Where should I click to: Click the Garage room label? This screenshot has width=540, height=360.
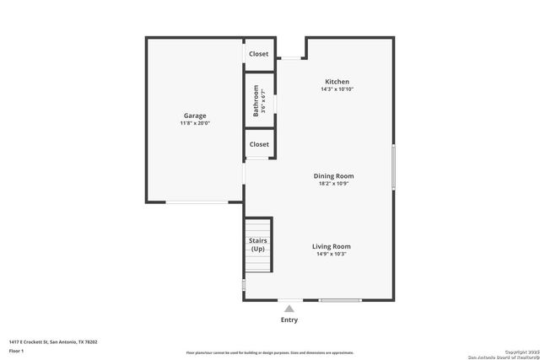pos(195,116)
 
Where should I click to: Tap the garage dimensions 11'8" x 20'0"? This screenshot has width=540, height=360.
pos(195,123)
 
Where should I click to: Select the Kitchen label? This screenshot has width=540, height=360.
pos(337,82)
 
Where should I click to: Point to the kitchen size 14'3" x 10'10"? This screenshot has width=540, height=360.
pos(337,89)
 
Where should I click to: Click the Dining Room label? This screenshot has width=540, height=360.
pos(334,175)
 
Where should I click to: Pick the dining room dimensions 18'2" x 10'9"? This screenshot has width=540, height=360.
pos(334,183)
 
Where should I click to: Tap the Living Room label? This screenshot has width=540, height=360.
pos(332,246)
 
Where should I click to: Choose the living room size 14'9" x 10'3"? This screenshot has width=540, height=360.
pos(332,254)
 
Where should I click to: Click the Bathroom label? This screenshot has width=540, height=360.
pos(256,102)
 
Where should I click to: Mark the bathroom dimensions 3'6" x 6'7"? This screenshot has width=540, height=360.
pos(263,102)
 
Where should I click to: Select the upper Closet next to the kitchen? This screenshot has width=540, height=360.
pos(259,54)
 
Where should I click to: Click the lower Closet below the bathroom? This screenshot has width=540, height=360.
pos(259,144)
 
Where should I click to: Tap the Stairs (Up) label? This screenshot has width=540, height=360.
pos(258,244)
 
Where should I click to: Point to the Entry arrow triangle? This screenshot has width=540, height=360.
pos(289,309)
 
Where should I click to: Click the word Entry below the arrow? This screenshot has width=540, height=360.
pos(289,320)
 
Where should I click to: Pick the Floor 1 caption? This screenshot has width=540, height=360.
pos(17,350)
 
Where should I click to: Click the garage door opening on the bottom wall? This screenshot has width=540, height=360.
pos(197,201)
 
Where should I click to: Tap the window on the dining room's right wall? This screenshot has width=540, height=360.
pos(393,167)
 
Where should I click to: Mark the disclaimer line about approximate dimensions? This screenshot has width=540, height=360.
pos(270,352)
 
